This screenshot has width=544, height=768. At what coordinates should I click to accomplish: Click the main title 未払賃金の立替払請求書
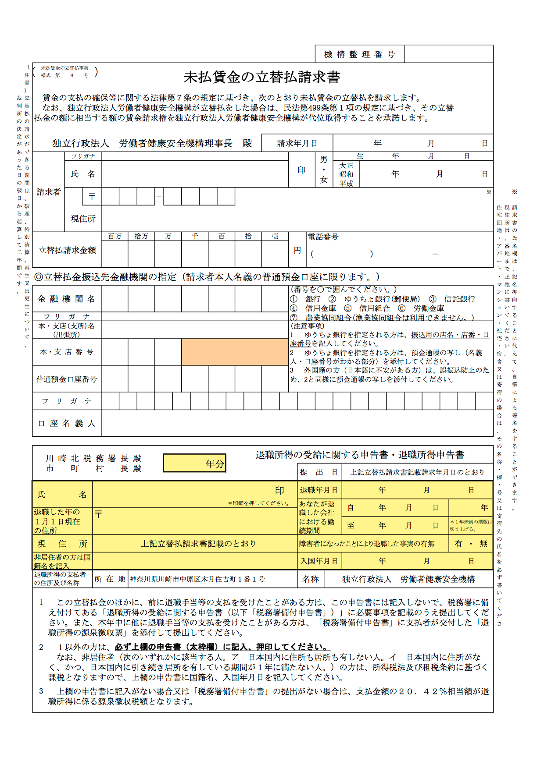261,78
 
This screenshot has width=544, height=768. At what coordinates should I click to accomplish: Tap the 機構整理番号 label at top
359,54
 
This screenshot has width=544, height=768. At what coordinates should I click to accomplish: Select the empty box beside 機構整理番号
448,54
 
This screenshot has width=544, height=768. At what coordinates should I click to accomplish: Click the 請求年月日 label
297,143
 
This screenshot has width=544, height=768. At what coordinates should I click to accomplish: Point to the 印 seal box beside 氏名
301,170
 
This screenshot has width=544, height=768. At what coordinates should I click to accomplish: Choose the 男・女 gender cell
324,170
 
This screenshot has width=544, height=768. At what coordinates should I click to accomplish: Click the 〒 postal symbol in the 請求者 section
92,197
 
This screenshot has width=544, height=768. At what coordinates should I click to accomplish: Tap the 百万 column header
115,237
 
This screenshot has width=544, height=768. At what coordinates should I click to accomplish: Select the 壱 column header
275,237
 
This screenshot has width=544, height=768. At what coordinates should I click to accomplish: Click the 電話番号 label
323,237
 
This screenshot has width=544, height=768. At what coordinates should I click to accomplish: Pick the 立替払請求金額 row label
67,250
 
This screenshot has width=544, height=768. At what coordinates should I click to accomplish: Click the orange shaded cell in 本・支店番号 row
234,352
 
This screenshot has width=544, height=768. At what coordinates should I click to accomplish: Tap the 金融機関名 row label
67,299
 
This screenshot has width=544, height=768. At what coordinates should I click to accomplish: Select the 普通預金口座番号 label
67,379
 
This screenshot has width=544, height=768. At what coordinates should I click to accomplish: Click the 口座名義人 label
67,423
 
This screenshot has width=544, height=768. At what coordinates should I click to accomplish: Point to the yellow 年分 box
194,463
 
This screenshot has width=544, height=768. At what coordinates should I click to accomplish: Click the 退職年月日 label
319,490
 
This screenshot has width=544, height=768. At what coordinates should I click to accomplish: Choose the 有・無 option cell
471,544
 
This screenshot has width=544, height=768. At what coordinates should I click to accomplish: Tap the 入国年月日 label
319,561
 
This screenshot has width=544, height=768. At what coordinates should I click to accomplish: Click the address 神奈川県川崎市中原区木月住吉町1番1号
197,579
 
